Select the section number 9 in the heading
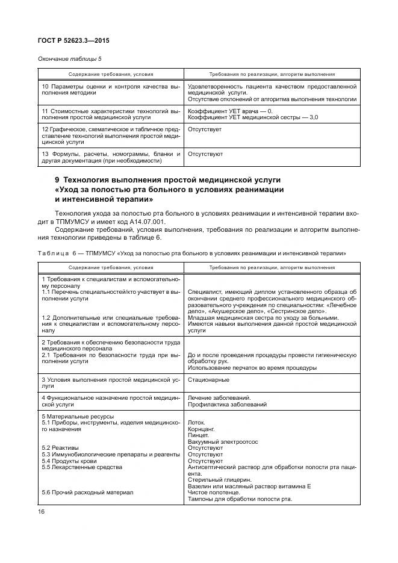58,181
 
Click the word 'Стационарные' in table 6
208,380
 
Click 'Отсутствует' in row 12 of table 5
205,129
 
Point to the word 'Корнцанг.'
202,429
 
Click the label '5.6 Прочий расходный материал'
87,492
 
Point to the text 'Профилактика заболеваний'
227,405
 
